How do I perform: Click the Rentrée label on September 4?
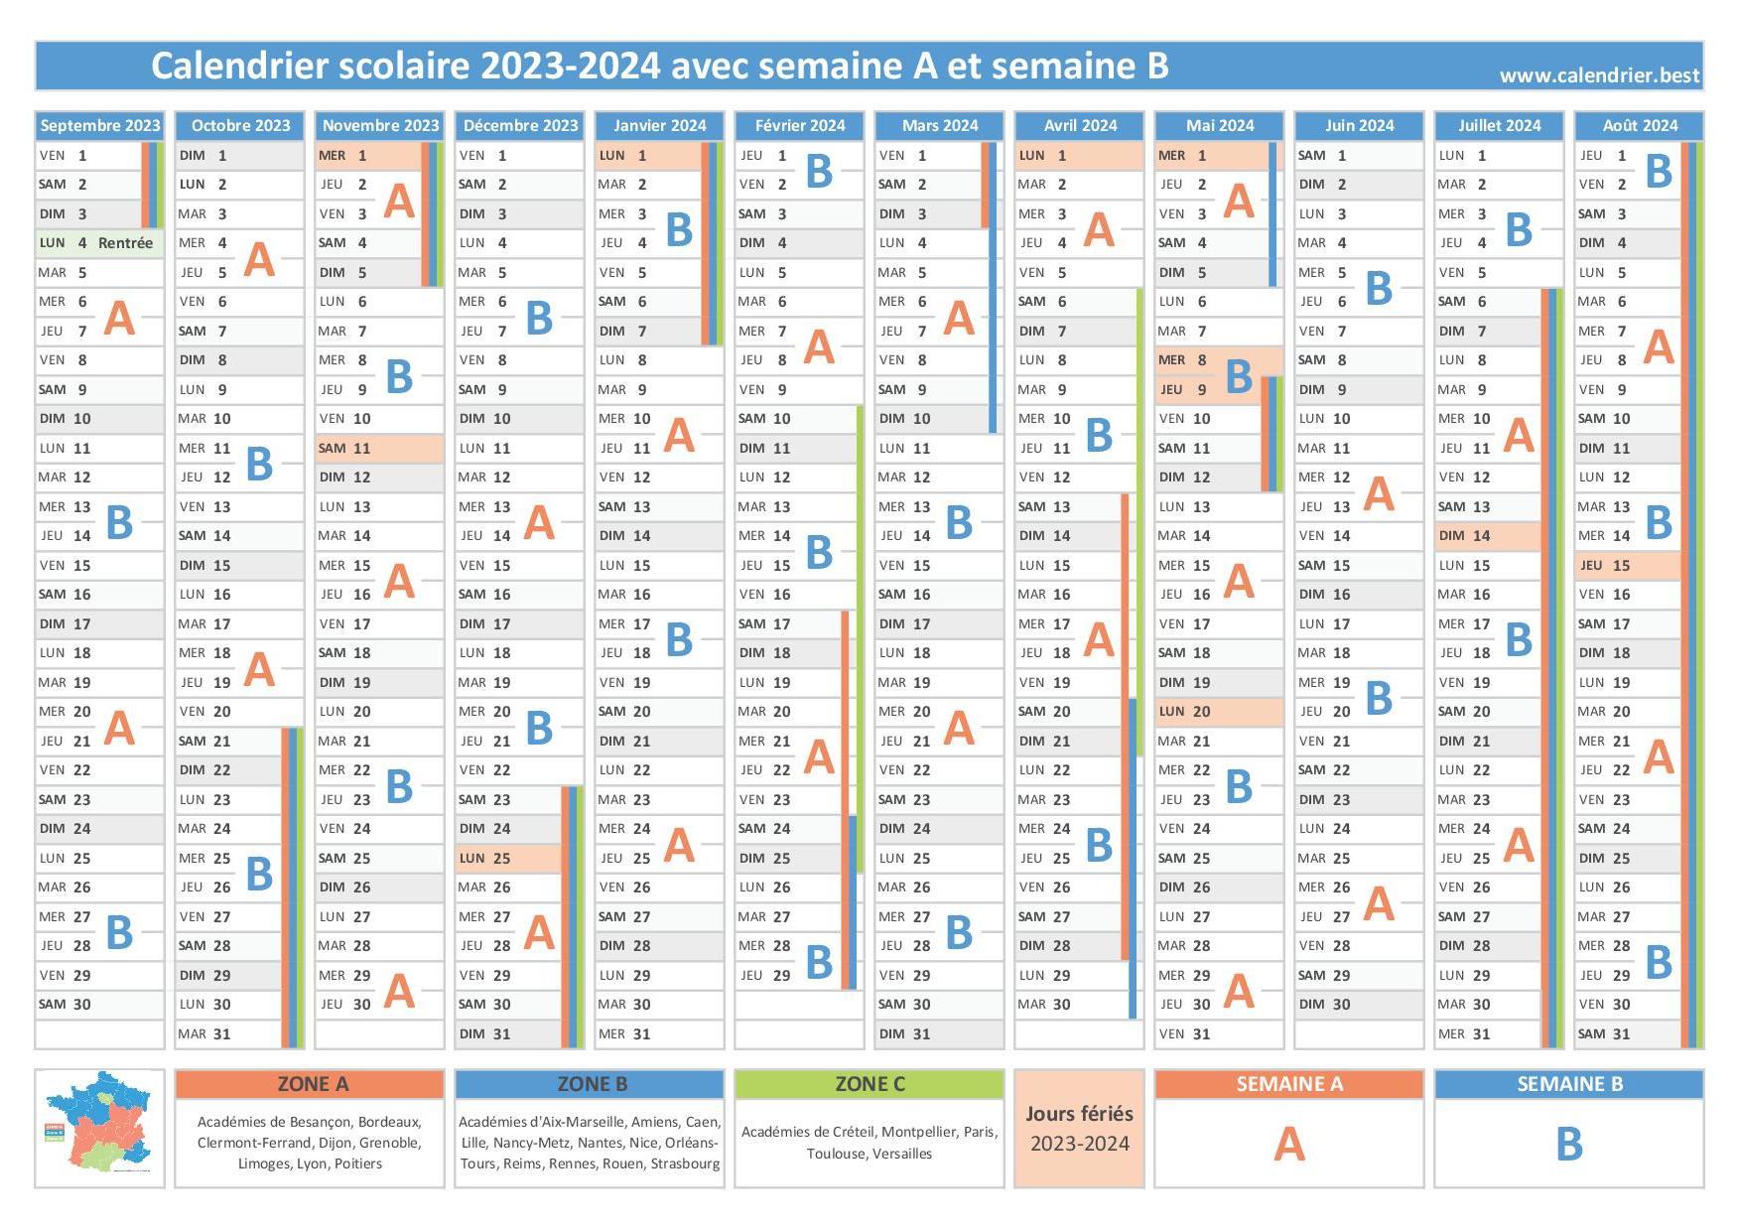(x=125, y=243)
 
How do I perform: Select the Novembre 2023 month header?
(x=380, y=125)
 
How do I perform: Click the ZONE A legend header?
(x=310, y=1084)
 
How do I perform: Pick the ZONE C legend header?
(x=870, y=1084)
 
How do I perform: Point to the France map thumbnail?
(x=99, y=1127)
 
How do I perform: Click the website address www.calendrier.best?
(x=1598, y=75)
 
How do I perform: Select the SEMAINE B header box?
(x=1568, y=1084)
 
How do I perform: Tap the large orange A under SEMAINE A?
(x=1288, y=1145)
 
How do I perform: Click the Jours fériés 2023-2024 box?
(x=1079, y=1129)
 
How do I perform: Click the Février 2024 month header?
(x=800, y=125)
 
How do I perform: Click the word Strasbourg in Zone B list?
(x=685, y=1163)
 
